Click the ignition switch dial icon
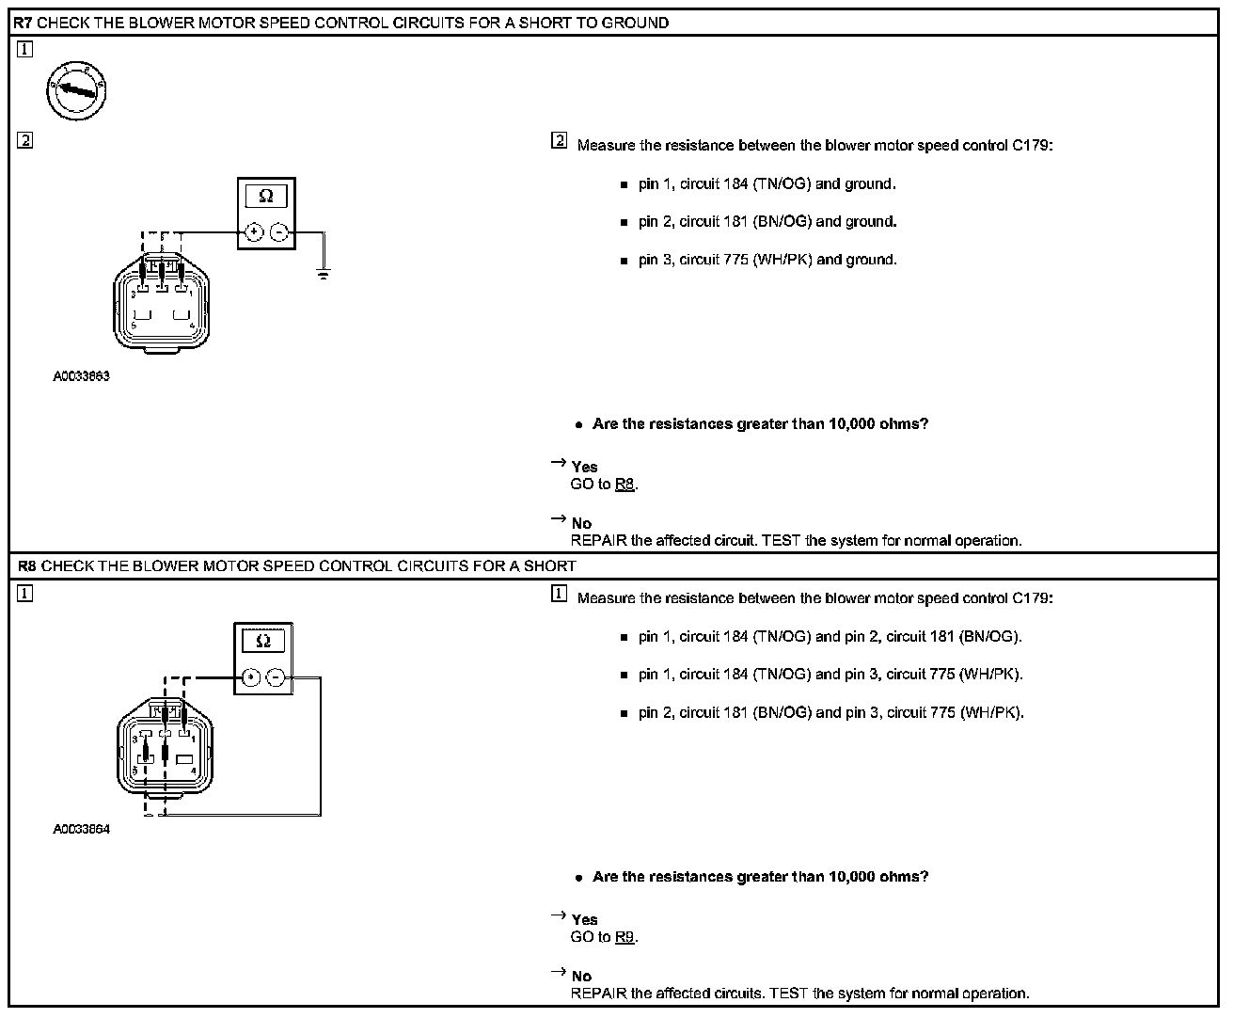click(x=76, y=92)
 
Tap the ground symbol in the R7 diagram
click(x=323, y=275)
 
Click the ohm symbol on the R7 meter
click(x=266, y=197)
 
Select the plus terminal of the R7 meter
click(x=254, y=232)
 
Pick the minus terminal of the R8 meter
click(x=276, y=676)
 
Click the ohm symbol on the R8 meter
click(x=263, y=642)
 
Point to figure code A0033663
click(x=81, y=376)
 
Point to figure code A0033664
click(x=81, y=830)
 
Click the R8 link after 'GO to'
click(x=624, y=485)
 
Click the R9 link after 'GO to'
click(x=624, y=937)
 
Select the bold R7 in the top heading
click(x=23, y=23)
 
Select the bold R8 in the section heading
click(x=28, y=566)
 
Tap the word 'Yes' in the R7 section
click(x=584, y=467)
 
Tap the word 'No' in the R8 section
click(x=581, y=977)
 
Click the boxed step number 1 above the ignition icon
click(x=24, y=50)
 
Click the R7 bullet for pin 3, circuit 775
click(x=624, y=261)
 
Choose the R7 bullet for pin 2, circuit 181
click(x=624, y=223)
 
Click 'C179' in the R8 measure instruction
click(x=1032, y=598)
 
